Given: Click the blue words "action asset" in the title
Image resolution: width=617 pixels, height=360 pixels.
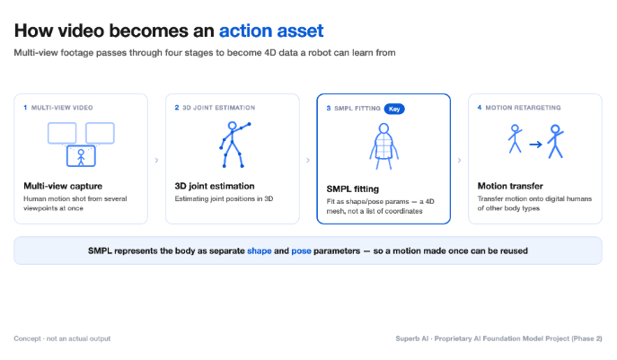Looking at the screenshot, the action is pos(271,31).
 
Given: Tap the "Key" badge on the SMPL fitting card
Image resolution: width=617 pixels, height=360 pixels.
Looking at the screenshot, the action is pos(394,109).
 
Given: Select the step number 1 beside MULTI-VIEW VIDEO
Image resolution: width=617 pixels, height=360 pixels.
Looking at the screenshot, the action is pos(25,108).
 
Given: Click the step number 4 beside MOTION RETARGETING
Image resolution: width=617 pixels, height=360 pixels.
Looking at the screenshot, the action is pos(480,108).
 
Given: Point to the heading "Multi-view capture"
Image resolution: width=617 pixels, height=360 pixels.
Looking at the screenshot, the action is pos(63,186).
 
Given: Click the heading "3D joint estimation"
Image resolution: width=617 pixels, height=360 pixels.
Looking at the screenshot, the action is pos(215,186).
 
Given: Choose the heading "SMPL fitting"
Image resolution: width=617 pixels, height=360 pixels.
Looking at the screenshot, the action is pos(353,189).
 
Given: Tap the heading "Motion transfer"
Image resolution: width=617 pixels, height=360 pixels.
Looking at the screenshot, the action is pos(510,186).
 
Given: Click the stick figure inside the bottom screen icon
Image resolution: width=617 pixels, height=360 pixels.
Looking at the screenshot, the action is pos(81,157).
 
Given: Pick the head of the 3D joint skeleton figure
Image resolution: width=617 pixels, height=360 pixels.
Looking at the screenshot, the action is pos(233,126).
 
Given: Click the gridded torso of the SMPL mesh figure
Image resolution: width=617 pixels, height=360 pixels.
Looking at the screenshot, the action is pos(383,145).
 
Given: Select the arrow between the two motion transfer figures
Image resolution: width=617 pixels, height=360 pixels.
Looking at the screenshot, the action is pos(535,145).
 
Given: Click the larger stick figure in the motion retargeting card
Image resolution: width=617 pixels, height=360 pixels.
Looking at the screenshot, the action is pos(555,141).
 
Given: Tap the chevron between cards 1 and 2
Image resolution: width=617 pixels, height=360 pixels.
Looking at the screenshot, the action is pos(156,160).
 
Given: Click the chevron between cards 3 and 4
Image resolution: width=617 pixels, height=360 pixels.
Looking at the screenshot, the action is pos(459,160).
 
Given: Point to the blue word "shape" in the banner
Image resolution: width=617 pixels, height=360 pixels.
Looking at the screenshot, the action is pos(260,251).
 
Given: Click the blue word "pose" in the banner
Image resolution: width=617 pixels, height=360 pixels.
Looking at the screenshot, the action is pos(301,251).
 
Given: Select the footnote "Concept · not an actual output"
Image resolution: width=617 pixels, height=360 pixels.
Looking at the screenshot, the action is pos(62,338).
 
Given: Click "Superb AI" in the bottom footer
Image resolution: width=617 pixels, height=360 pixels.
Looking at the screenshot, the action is pos(411,338).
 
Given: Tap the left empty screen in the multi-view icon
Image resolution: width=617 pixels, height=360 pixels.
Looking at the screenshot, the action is pos(62,133).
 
